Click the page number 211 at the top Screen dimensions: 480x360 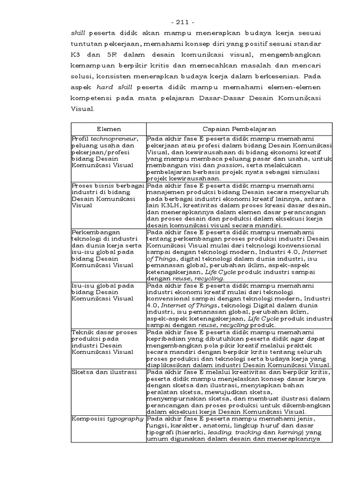[180, 22]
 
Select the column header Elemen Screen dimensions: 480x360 [108, 128]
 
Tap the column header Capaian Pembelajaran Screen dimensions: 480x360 [239, 128]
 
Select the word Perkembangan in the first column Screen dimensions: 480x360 [96, 232]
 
